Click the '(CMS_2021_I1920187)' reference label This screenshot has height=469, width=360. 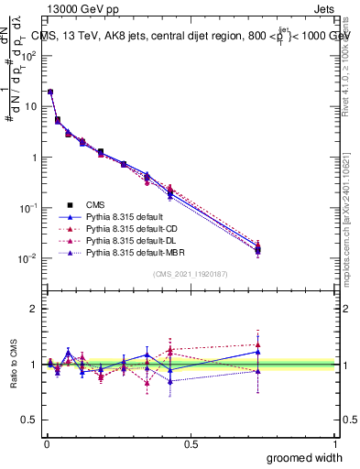[x=191, y=273]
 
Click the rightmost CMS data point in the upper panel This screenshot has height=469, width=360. [x=257, y=248]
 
